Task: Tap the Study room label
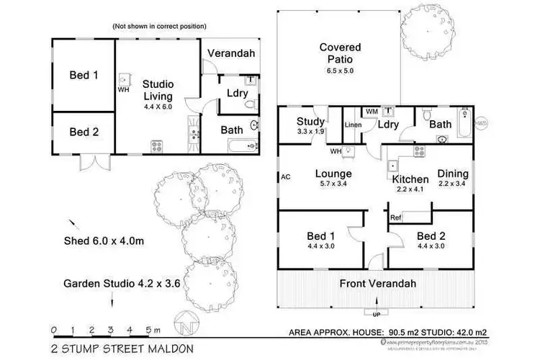tap(310, 122)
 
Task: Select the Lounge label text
tap(333, 174)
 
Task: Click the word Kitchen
tap(410, 179)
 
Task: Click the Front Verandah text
tap(378, 283)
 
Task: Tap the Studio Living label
tap(157, 90)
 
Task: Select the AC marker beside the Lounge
tap(285, 176)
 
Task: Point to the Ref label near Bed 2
tap(395, 217)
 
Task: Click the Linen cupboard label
tap(352, 125)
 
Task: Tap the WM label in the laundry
tap(372, 112)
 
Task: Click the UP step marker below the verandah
tap(376, 315)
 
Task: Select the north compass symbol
tap(186, 322)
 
